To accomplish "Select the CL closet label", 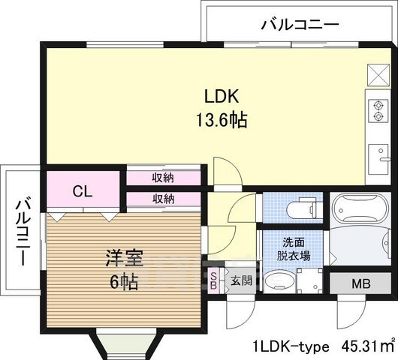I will [83, 191].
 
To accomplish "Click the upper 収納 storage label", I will [164, 178].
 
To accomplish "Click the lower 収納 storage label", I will [164, 199].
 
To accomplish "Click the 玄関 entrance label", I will [241, 281].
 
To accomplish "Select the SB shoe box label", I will [213, 281].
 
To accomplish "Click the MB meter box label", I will [362, 284].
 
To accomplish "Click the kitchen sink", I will [380, 160].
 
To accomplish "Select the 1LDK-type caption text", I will [291, 346].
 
